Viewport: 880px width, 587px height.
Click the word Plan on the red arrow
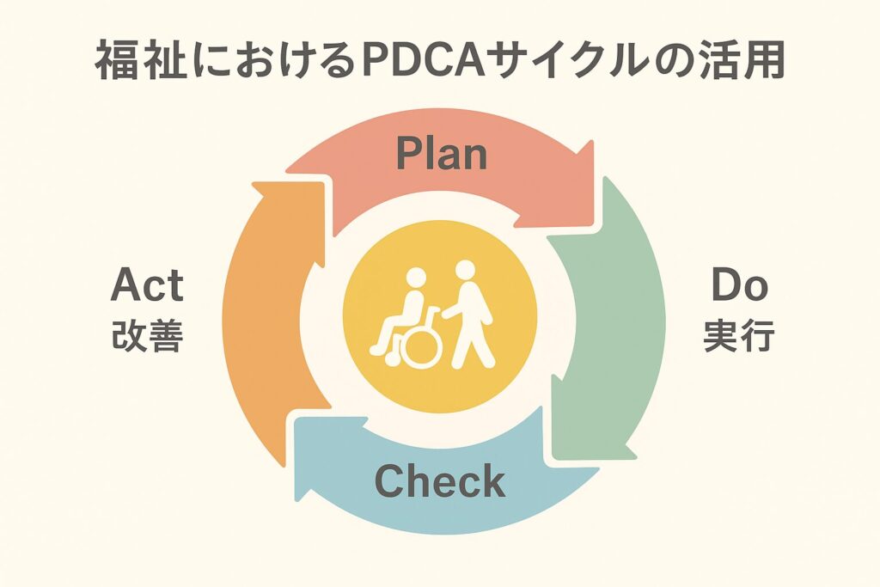[x=441, y=154]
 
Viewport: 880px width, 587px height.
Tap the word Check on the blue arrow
[x=440, y=481]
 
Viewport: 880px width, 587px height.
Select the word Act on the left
[x=147, y=285]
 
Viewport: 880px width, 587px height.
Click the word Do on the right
[x=739, y=285]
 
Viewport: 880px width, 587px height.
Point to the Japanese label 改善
[x=147, y=337]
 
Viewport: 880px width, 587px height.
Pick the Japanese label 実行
[x=739, y=337]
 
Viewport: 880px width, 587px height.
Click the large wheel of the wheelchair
[x=422, y=345]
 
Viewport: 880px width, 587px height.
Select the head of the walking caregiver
[x=464, y=270]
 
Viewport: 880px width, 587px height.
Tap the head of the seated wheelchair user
[x=415, y=278]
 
